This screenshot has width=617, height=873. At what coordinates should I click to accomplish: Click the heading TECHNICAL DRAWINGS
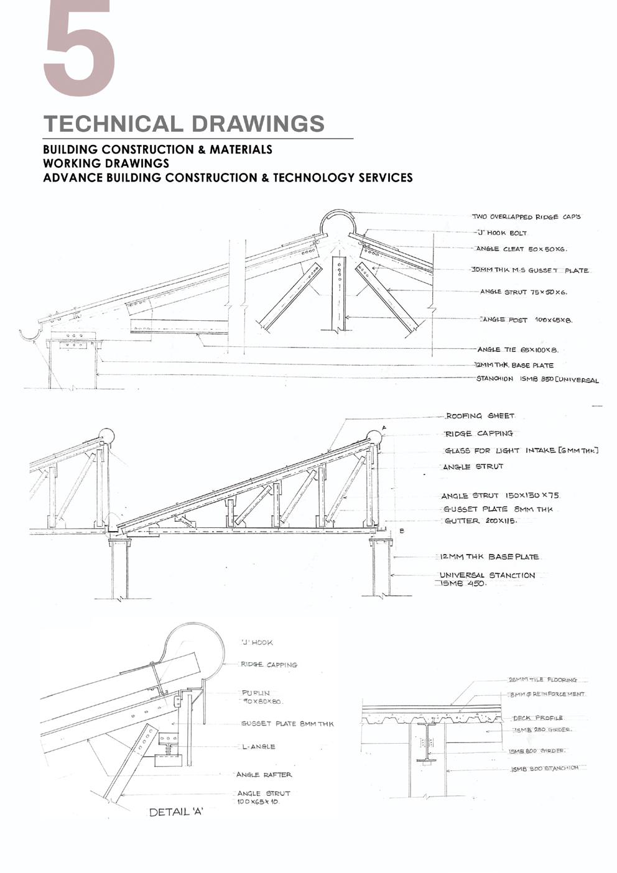click(184, 123)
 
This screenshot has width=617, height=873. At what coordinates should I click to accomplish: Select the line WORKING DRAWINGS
click(106, 164)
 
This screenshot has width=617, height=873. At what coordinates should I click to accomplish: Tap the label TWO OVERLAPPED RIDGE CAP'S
click(526, 217)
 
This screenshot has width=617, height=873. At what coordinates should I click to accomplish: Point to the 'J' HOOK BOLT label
click(501, 233)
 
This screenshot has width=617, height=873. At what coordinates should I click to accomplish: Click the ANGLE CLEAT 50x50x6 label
click(521, 249)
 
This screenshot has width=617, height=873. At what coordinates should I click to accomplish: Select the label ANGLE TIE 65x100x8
click(517, 350)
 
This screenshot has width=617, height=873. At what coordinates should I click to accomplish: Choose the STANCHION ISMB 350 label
click(537, 379)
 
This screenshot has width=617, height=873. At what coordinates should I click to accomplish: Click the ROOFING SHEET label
click(480, 416)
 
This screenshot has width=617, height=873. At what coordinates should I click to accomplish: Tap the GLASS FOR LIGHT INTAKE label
click(521, 450)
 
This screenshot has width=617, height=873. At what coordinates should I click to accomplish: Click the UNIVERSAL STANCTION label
click(487, 575)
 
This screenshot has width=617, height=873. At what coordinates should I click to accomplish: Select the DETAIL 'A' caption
click(177, 812)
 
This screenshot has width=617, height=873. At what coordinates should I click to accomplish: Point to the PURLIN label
click(256, 693)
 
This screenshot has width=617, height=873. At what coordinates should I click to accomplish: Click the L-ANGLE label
click(259, 746)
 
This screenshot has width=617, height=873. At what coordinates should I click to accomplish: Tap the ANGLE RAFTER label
click(264, 775)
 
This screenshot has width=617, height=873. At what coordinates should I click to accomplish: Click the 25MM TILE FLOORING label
click(542, 680)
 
